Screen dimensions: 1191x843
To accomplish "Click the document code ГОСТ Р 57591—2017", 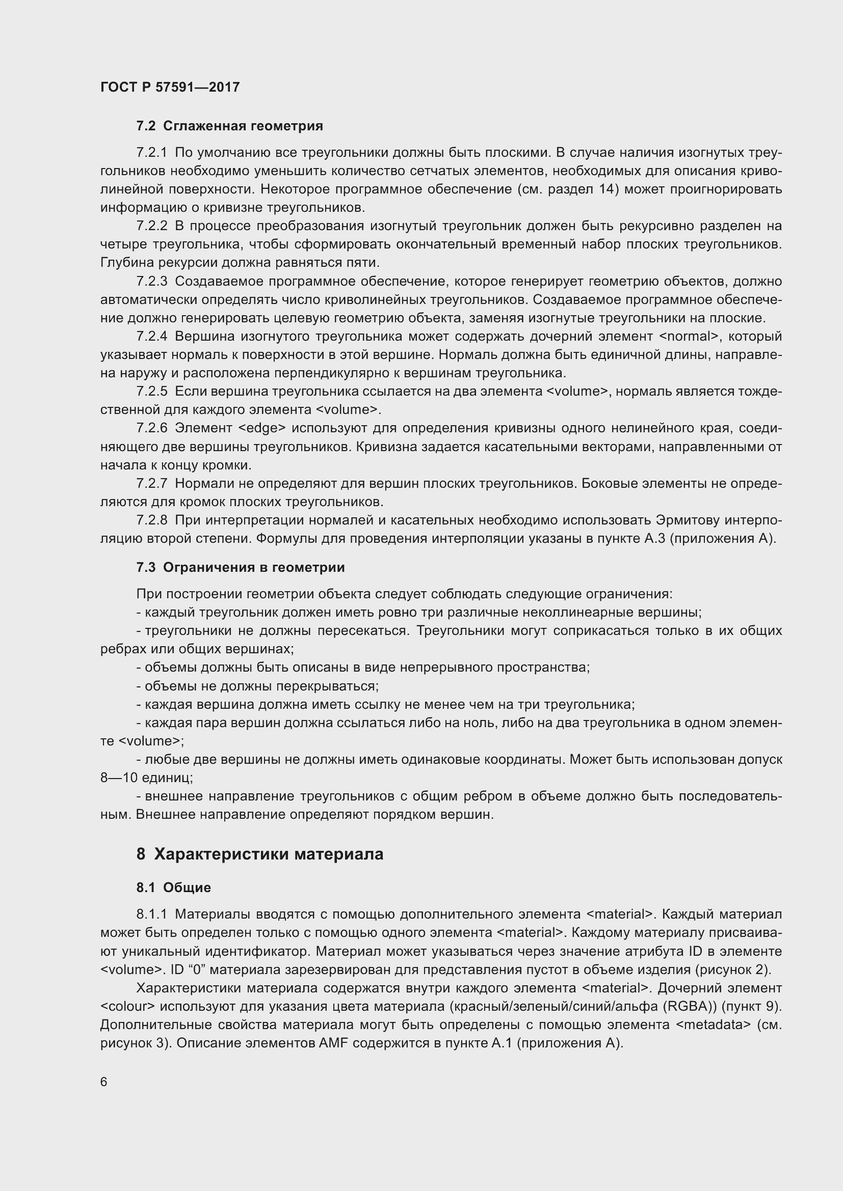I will (x=170, y=87).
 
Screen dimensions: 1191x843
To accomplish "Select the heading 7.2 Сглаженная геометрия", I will (x=229, y=126).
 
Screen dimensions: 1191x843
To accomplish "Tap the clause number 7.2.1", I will (x=151, y=153).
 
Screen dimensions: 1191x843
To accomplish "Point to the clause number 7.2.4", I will (x=151, y=336).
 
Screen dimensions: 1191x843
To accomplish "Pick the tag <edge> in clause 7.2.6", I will (x=262, y=428).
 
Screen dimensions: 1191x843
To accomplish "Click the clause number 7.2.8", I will (x=151, y=520).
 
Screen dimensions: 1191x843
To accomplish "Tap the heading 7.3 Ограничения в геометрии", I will (x=241, y=567).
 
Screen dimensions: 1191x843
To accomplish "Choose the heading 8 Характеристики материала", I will (x=259, y=854).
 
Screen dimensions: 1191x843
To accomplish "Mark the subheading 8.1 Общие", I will (x=173, y=888).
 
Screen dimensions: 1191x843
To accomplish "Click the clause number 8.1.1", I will (x=151, y=914).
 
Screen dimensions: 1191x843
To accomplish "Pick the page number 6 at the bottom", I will (x=104, y=1082).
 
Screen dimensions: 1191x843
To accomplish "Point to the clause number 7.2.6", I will (x=151, y=428).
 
